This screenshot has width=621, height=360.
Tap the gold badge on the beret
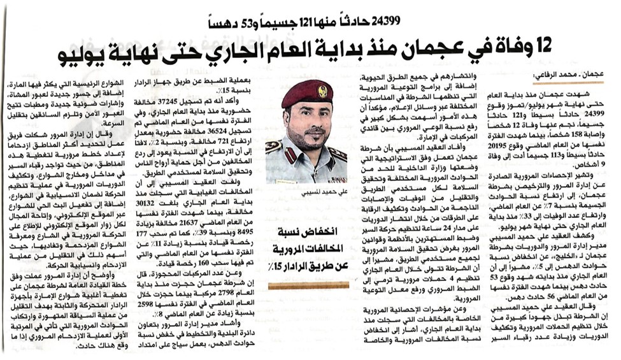coord(322,90)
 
